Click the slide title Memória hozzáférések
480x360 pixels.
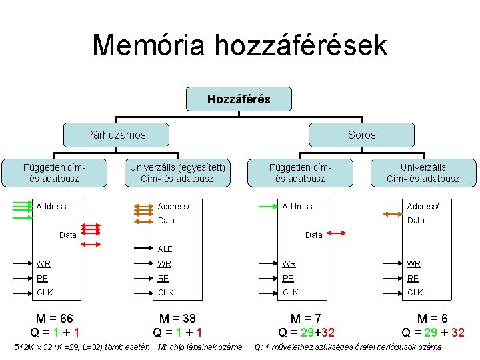(x=239, y=45)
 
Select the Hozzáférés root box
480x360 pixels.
(x=239, y=99)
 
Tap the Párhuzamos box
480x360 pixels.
(x=115, y=135)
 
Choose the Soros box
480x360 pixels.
(x=361, y=135)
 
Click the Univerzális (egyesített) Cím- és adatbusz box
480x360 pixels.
(x=177, y=173)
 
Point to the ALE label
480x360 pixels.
(x=165, y=249)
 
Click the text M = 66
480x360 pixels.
(x=55, y=319)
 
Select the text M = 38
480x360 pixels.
(x=177, y=319)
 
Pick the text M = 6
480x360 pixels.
(x=433, y=319)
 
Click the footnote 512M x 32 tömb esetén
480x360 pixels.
(x=81, y=347)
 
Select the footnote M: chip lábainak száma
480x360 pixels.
(x=199, y=347)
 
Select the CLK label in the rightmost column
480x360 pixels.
(x=415, y=293)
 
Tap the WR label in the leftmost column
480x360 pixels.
(x=43, y=265)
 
